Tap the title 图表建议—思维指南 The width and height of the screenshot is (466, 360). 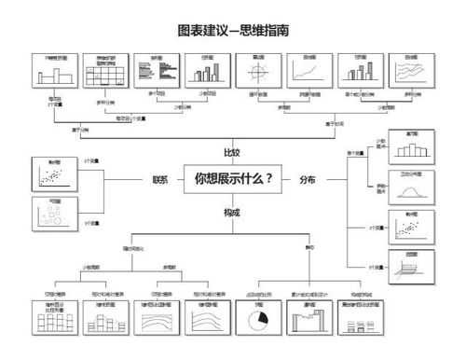coord(233,30)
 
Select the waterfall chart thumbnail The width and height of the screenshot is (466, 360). coord(309,321)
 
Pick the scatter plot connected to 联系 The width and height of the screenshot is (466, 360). coord(53,174)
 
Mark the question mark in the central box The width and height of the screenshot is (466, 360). coord(269,178)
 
